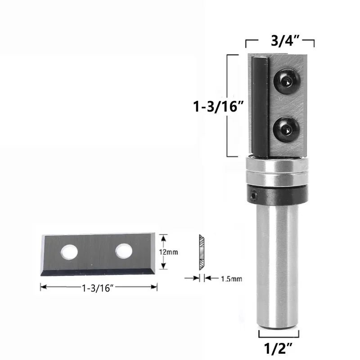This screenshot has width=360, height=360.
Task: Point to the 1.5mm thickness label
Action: [x=231, y=279]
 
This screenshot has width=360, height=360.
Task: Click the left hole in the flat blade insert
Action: [x=69, y=252]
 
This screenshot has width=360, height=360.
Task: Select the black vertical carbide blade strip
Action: [x=260, y=106]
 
